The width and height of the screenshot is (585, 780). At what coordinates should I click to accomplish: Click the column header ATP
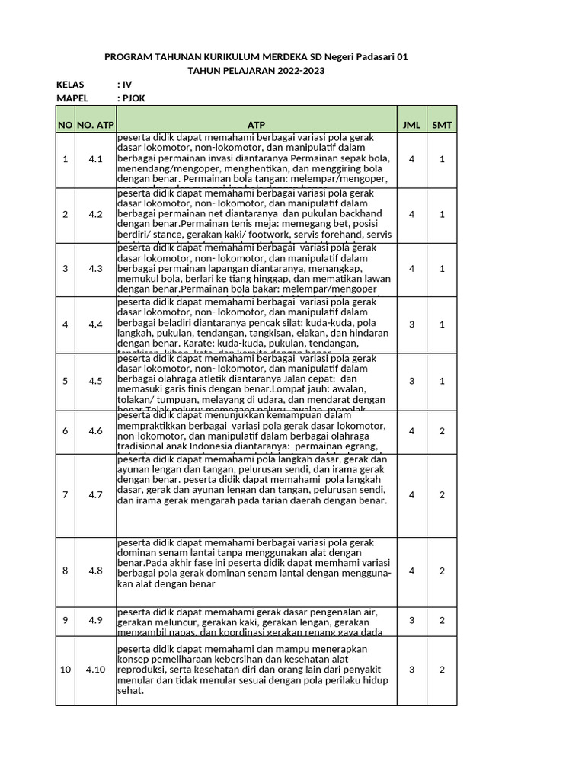(255, 124)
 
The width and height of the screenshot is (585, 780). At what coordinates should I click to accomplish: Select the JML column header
(411, 124)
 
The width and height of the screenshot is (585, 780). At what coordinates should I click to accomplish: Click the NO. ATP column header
(94, 124)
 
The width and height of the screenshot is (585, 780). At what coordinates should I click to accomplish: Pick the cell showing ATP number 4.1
(94, 159)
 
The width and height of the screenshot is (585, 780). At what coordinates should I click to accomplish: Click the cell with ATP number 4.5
(94, 381)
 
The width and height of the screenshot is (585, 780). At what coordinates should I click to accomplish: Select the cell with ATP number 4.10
(94, 670)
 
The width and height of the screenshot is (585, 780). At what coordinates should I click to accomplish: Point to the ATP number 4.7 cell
(94, 495)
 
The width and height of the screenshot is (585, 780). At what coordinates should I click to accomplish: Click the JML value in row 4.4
(411, 325)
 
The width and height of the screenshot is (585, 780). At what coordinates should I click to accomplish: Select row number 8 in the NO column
(65, 571)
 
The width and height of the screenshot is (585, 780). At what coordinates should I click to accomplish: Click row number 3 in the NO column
(65, 269)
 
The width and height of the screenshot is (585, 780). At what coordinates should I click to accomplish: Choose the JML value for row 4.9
(411, 620)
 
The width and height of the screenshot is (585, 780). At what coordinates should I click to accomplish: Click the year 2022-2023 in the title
(292, 71)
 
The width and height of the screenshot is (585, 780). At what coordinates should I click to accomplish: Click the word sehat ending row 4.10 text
(130, 692)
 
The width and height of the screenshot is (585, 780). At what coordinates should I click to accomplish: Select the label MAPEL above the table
(72, 98)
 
